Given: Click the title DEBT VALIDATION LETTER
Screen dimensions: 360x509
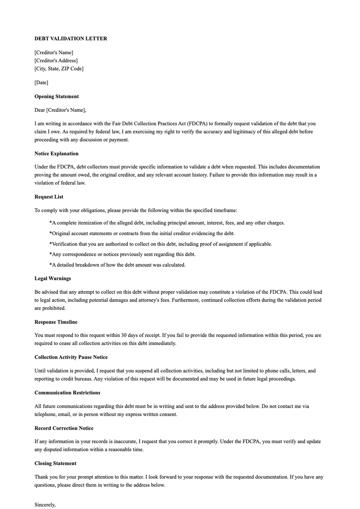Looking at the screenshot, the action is click(71, 38).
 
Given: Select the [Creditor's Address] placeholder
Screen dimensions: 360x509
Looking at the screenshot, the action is click(56, 61).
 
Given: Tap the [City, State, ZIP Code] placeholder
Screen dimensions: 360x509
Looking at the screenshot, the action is click(59, 69).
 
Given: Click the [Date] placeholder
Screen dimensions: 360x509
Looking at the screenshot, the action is click(41, 82).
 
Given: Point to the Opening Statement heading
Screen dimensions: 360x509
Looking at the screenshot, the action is click(56, 96).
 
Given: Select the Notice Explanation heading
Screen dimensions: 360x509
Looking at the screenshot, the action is click(56, 154).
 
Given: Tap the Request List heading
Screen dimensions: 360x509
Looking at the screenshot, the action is click(49, 197).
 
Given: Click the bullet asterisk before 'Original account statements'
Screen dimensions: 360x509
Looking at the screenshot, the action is click(51, 233).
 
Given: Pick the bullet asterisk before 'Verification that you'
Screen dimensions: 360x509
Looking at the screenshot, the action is click(51, 244).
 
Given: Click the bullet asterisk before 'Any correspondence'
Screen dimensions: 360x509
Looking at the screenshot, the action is click(51, 254).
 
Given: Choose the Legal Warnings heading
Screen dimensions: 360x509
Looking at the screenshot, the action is click(53, 278).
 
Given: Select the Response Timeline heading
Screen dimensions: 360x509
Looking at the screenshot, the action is click(56, 322).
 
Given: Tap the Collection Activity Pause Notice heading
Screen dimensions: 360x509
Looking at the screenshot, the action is click(71, 357).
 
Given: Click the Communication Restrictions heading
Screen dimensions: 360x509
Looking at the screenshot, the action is click(67, 393).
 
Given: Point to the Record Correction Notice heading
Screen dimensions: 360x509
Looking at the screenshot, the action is click(64, 428).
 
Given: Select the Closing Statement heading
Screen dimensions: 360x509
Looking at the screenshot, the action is click(55, 463).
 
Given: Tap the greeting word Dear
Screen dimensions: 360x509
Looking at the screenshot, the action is click(40, 110).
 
